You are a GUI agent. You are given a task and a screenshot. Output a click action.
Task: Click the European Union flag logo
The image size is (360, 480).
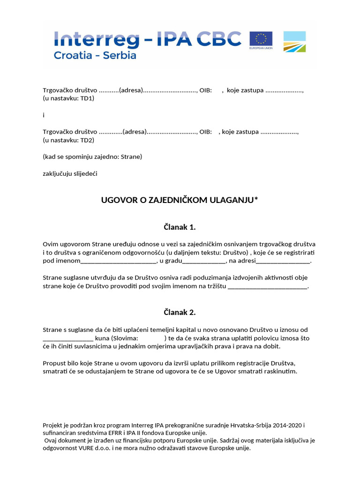(x=261, y=41)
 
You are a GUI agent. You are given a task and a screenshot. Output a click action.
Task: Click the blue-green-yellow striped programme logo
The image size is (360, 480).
(x=294, y=41)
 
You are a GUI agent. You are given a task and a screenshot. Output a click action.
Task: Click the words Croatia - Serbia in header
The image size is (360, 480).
(x=95, y=55)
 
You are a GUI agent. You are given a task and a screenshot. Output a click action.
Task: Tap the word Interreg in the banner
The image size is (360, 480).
(x=97, y=39)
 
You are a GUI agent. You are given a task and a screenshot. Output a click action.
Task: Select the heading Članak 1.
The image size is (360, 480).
(x=180, y=227)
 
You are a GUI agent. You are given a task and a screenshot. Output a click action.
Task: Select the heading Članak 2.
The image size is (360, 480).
(x=180, y=312)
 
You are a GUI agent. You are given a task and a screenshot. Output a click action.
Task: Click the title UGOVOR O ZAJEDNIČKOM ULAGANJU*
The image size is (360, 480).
(x=180, y=200)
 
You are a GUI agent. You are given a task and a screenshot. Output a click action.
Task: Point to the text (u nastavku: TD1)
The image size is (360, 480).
(x=68, y=98)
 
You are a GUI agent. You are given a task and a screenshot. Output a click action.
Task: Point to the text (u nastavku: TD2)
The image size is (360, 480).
(x=68, y=140)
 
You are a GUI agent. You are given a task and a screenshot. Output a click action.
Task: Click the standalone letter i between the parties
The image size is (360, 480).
(x=44, y=115)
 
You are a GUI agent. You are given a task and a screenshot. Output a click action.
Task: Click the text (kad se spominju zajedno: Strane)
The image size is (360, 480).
(x=92, y=157)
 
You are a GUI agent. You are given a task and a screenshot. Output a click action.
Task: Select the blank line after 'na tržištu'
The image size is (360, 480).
(x=267, y=286)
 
